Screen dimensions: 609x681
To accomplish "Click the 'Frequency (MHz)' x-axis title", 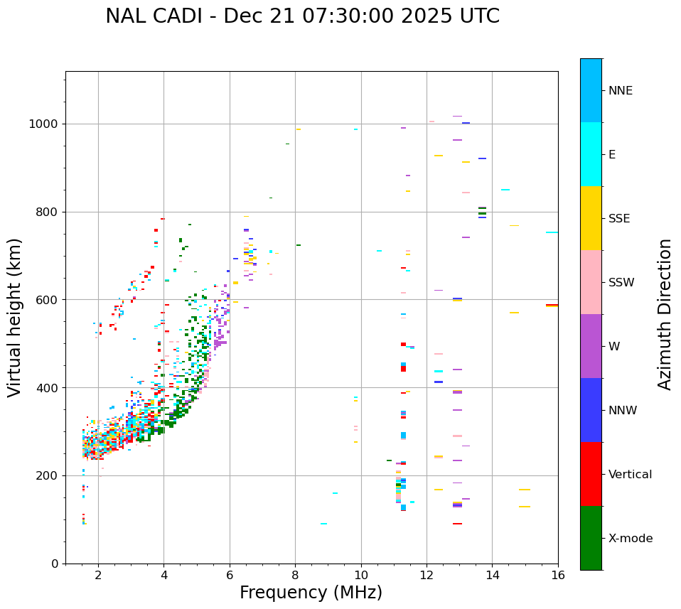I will [311, 593].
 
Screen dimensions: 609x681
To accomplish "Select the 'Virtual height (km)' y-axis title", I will [15, 318].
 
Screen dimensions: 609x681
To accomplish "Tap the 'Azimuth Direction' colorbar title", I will [665, 314].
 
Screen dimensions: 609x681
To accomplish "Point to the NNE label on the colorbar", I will [620, 91].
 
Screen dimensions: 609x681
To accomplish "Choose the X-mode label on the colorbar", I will [630, 539].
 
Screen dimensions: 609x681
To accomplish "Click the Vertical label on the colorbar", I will [630, 475].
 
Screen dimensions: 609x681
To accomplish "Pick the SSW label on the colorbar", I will [621, 283].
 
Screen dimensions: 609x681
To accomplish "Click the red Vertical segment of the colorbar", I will [591, 474].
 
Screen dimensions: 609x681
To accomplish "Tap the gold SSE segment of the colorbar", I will [591, 218].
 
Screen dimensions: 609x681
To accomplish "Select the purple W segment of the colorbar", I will [591, 346].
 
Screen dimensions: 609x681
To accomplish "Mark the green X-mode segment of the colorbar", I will [591, 538].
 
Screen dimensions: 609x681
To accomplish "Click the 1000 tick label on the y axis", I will [44, 124].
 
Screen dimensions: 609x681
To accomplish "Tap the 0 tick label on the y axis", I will [55, 564].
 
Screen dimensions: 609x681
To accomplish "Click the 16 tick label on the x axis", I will [558, 576].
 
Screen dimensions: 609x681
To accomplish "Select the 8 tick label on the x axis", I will [295, 576].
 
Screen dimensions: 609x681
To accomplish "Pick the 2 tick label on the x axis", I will [98, 576].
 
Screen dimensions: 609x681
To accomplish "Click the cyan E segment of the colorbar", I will [591, 154].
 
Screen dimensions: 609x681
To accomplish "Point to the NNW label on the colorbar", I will [623, 411].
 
